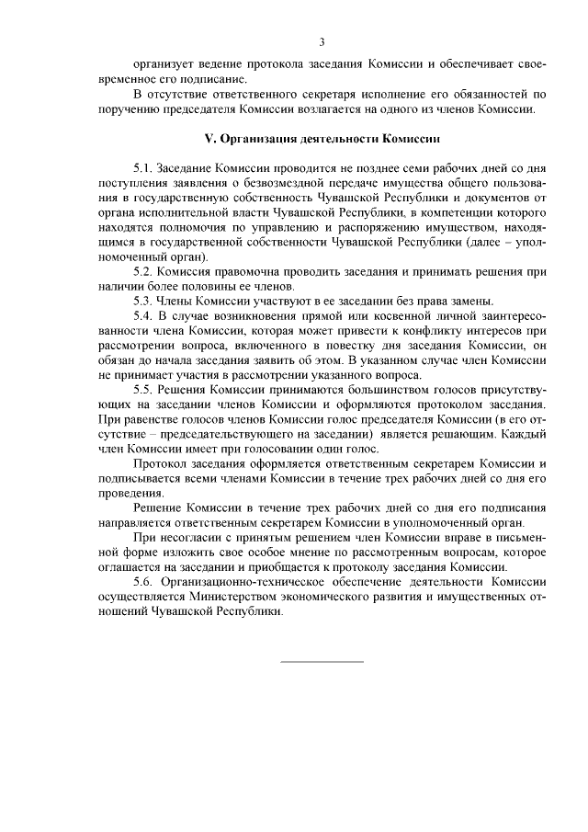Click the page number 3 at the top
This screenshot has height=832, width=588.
322,41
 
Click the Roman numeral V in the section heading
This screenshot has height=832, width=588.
206,139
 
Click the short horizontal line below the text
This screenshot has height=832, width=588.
321,661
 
